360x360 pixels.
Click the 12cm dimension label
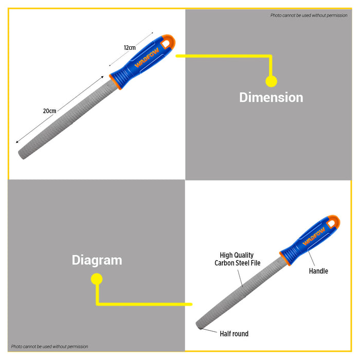click(130, 47)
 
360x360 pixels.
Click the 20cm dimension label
click(49, 111)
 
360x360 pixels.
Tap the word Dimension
click(271, 97)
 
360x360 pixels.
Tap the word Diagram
click(97, 260)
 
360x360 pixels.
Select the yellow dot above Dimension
click(271, 81)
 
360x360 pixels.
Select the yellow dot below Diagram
click(97, 279)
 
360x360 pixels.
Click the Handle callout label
click(318, 271)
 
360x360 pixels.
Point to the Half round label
click(234, 334)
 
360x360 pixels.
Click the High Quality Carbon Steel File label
click(238, 259)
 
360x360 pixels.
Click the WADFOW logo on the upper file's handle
click(147, 58)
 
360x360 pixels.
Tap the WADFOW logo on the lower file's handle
click(314, 236)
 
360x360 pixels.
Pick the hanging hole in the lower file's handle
click(331, 224)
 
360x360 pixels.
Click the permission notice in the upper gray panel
click(309, 15)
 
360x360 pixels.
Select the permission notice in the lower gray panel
click(49, 347)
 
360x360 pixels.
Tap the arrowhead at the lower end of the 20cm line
click(17, 142)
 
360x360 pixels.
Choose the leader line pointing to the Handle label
click(311, 258)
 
